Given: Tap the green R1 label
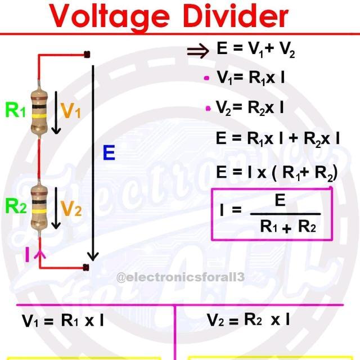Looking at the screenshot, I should coord(16,110).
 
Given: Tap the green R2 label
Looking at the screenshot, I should coord(16,206).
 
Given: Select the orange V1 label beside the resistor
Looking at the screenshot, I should coord(71,111).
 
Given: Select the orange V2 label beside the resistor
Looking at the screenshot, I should coord(71,209).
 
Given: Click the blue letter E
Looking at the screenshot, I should coord(109,153).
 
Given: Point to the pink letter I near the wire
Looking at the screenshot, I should coord(27,255).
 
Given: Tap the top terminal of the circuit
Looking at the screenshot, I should coord(87,55).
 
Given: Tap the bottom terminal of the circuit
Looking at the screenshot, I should coord(87,267).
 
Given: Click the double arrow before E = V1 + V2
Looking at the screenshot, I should coord(197,51).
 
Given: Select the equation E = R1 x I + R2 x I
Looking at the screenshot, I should coord(277,138).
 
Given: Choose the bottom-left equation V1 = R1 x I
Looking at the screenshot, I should coord(63,321).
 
